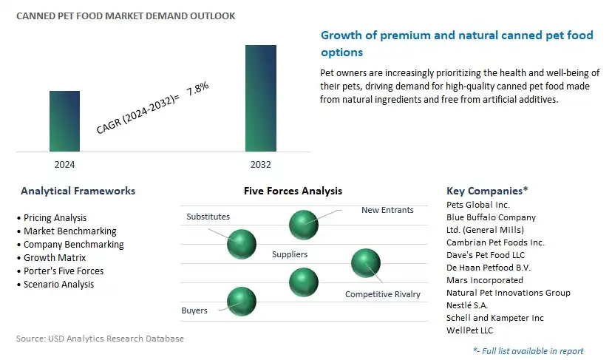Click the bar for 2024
click(x=64, y=121)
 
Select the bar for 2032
click(x=261, y=98)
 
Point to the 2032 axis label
click(x=261, y=164)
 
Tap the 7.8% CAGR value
click(x=197, y=89)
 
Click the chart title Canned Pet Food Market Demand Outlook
click(x=126, y=16)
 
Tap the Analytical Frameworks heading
click(x=78, y=191)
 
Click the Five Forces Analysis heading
click(x=293, y=191)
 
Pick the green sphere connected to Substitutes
click(x=242, y=244)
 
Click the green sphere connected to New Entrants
click(x=304, y=225)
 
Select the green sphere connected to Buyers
click(x=242, y=302)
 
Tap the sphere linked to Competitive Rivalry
click(x=366, y=263)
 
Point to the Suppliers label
click(x=290, y=254)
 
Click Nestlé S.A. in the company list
click(x=467, y=305)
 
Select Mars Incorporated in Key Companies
click(x=485, y=280)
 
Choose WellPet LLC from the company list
click(x=470, y=330)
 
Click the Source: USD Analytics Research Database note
click(x=100, y=339)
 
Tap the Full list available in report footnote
click(x=528, y=351)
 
